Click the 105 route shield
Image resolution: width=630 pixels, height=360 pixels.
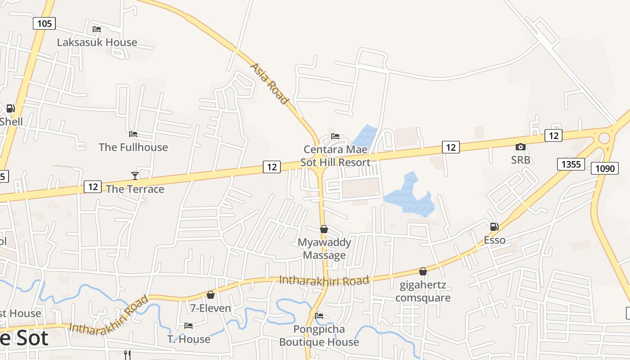[44, 23]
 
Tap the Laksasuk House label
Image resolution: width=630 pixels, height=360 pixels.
[97, 42]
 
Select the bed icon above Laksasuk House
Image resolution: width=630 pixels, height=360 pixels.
[96, 29]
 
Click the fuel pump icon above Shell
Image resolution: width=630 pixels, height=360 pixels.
[10, 108]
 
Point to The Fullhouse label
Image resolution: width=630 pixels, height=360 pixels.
[133, 147]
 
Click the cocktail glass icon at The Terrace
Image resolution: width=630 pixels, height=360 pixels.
[135, 175]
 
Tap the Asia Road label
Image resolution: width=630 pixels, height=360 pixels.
[269, 84]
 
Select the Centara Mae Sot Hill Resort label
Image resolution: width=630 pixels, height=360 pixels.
[335, 156]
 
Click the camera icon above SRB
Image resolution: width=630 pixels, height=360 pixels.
[520, 147]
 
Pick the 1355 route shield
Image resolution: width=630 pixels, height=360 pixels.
[571, 164]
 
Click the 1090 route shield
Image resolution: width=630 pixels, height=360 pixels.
[605, 168]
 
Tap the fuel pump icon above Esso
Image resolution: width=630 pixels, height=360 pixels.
[494, 227]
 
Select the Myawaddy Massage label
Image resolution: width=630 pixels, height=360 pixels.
[324, 249]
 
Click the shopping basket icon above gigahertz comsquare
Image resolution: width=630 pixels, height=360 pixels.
[423, 271]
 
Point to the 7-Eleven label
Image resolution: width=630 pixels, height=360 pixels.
[210, 308]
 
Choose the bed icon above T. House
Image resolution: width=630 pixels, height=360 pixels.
[189, 325]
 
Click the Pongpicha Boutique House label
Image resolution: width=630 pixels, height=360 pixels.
[319, 336]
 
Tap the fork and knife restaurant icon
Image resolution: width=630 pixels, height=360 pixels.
[127, 354]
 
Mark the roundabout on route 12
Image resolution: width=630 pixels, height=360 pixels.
[604, 138]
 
